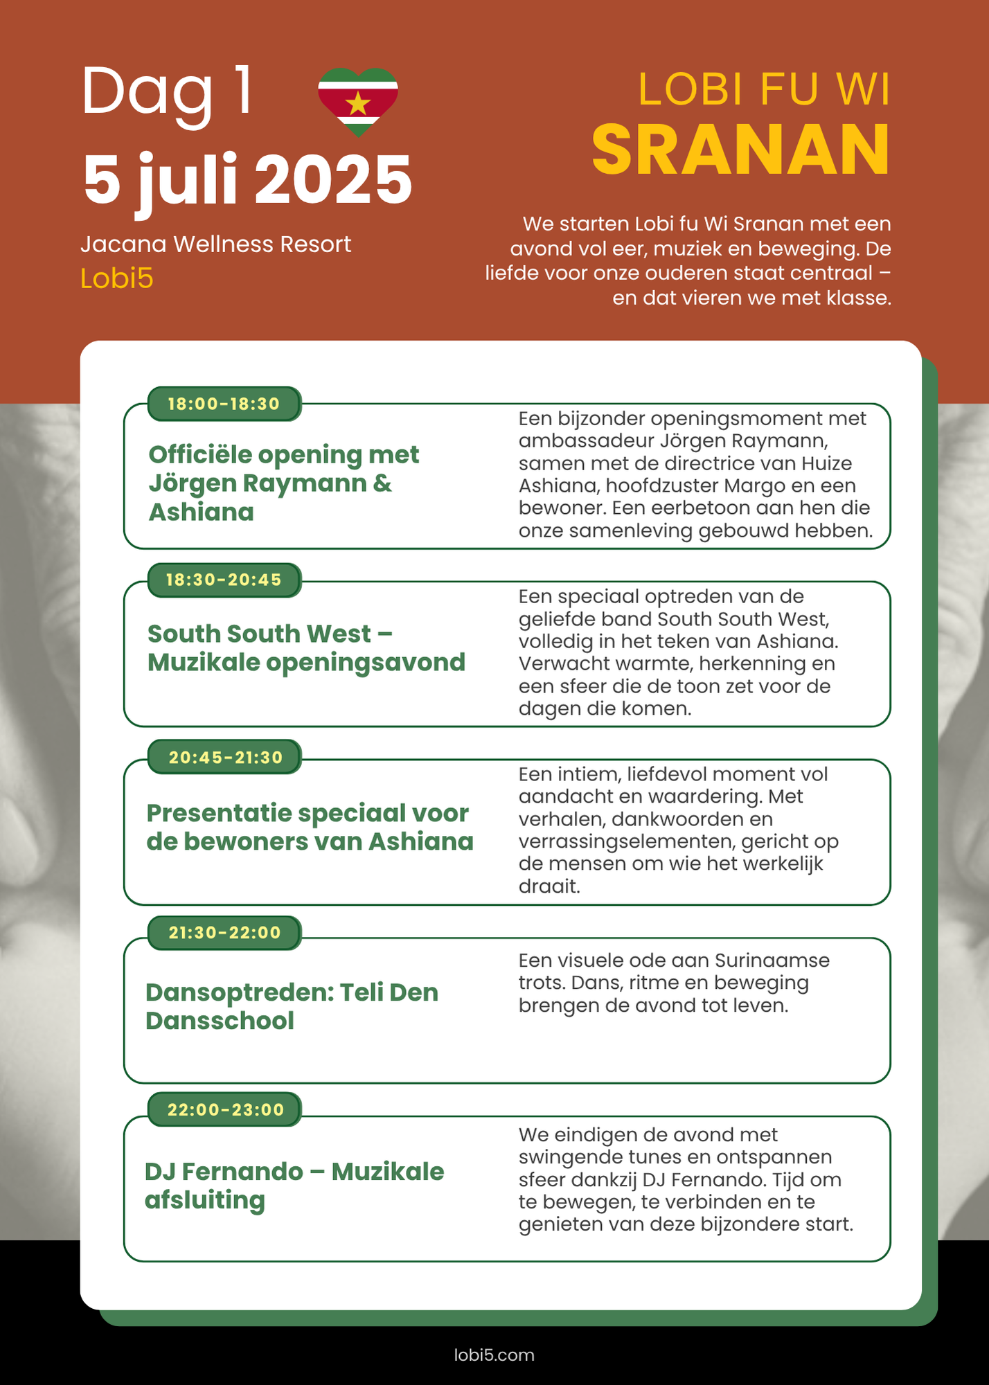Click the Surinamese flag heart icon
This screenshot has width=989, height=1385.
(358, 100)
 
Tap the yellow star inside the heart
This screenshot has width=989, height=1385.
(358, 104)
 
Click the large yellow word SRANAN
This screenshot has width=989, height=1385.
(740, 150)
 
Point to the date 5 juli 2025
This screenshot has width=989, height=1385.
(247, 180)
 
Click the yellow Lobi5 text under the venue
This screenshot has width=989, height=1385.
(116, 278)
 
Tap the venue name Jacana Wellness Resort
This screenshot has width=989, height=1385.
(215, 244)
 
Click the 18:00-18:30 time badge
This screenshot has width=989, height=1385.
(224, 404)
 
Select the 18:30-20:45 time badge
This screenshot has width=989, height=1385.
(224, 580)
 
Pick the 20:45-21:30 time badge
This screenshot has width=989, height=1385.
(225, 757)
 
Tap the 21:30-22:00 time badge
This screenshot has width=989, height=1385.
(224, 933)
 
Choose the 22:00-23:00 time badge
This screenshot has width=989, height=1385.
(225, 1109)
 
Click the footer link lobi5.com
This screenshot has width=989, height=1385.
(494, 1355)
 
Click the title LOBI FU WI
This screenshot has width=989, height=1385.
(763, 89)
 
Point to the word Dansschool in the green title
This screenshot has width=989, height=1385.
(220, 1021)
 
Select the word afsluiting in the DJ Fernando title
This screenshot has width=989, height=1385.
(204, 1200)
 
